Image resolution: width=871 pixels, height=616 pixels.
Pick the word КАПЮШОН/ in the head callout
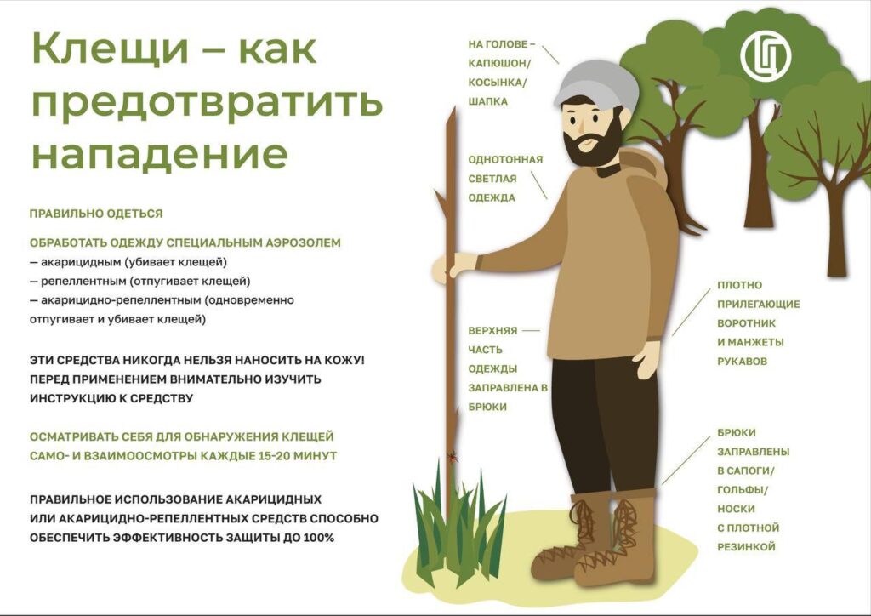[498, 63]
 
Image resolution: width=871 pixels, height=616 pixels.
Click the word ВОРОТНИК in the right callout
[750, 323]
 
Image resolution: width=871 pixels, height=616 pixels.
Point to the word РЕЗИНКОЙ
[746, 547]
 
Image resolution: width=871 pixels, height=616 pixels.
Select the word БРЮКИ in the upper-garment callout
[487, 407]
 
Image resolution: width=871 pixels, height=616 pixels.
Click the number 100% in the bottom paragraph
[316, 538]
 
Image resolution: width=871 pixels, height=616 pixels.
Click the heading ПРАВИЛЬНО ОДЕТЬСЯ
[96, 214]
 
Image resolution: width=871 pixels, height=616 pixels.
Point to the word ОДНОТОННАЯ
[505, 159]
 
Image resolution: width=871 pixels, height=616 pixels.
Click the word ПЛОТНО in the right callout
[740, 284]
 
